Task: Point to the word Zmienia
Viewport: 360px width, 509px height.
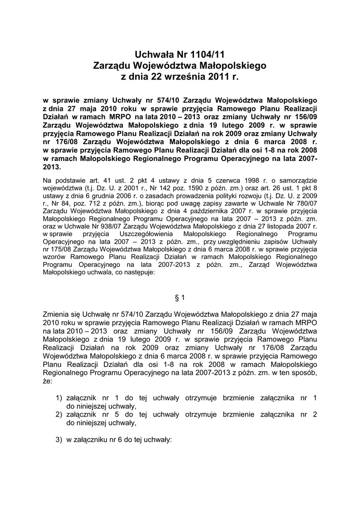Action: click(57, 314)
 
